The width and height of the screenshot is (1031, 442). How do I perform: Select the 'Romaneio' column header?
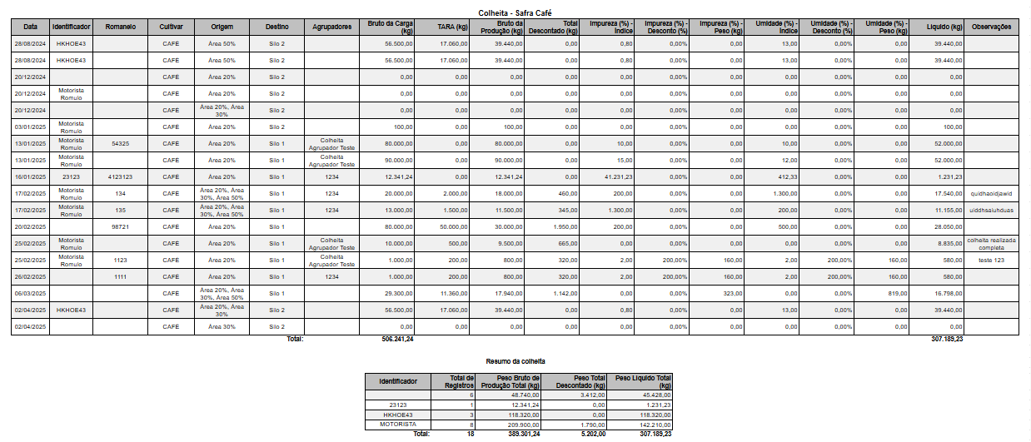pyautogui.click(x=121, y=27)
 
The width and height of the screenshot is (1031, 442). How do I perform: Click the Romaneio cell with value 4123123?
pyautogui.click(x=121, y=177)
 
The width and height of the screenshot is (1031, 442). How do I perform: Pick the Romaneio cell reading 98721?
pyautogui.click(x=121, y=227)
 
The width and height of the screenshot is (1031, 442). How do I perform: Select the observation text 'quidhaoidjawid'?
pyautogui.click(x=990, y=194)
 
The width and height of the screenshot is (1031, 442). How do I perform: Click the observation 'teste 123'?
pyautogui.click(x=991, y=261)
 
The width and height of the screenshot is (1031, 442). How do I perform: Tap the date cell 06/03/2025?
pyautogui.click(x=31, y=294)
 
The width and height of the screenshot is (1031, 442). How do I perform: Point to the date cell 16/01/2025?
pyautogui.click(x=31, y=177)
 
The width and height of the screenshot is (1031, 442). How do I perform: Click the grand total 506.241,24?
pyautogui.click(x=397, y=340)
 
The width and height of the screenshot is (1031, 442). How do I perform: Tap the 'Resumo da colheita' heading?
pyautogui.click(x=515, y=361)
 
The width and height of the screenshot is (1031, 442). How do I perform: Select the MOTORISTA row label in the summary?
pyautogui.click(x=398, y=424)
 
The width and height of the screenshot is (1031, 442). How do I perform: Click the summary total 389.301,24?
pyautogui.click(x=523, y=434)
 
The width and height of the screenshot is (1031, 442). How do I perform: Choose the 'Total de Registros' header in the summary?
pyautogui.click(x=460, y=381)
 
